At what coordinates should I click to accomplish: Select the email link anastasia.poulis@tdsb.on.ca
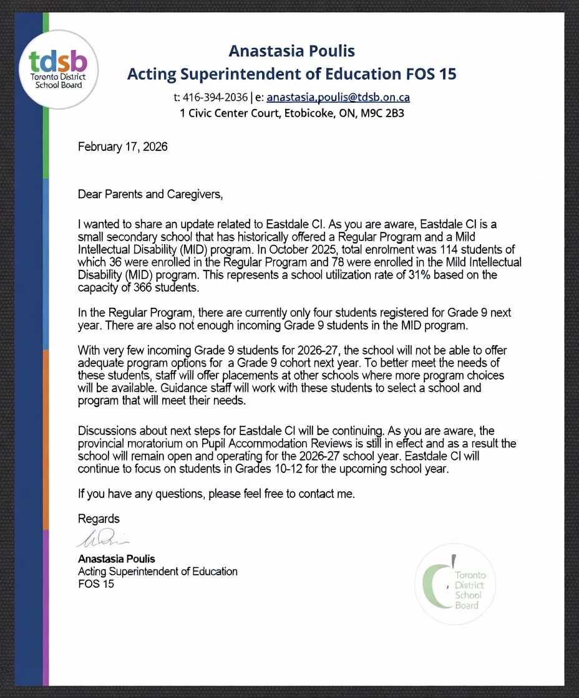tap(338, 97)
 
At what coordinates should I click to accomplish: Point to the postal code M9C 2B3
tap(382, 113)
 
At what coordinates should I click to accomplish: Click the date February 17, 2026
tap(122, 147)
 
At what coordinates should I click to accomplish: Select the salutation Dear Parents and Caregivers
tap(150, 194)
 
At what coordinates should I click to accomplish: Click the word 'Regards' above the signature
tap(99, 519)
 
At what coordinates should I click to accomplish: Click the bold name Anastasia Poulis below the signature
tap(116, 558)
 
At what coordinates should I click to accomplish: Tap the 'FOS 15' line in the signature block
tap(96, 585)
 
